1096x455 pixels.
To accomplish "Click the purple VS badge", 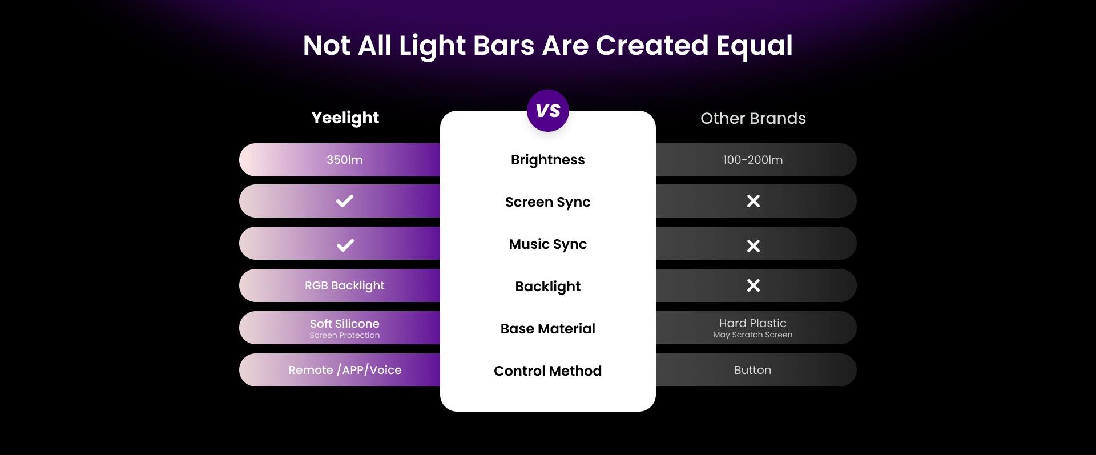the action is [548, 111].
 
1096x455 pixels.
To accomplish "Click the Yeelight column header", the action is [345, 118].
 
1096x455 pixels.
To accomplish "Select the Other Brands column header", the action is [753, 118].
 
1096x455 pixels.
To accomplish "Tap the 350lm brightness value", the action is [345, 160].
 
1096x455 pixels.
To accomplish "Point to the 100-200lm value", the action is [753, 160].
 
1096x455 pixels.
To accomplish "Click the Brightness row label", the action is [548, 160].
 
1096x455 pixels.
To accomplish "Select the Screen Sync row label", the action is [548, 202].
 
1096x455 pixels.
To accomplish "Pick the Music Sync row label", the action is [548, 244].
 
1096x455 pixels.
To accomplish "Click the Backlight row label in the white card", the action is [548, 287].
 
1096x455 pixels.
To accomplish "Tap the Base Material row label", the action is [548, 329].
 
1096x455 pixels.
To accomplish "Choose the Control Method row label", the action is [548, 371].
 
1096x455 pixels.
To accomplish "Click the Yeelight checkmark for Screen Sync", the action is [345, 201].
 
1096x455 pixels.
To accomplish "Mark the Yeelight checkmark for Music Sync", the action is [345, 245].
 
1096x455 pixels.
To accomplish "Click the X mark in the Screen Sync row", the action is [753, 201].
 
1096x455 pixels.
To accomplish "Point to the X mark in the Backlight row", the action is [753, 285].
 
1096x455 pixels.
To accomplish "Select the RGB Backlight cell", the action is [345, 285].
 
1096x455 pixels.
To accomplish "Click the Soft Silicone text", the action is [345, 324].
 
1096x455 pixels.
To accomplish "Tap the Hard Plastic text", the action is [753, 323].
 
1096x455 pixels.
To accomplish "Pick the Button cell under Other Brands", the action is [753, 370].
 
